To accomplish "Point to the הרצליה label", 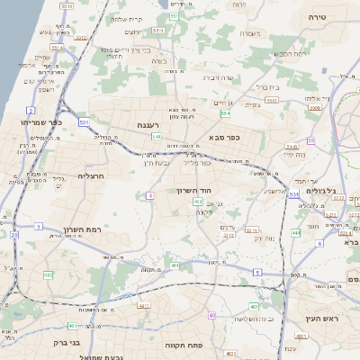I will coord(92,176).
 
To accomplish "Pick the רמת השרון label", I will coord(81,230).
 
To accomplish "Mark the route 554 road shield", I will coord(226,113).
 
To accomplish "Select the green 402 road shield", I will coord(197,202).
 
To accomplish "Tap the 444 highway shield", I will coord(296,233).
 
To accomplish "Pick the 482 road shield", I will coord(49,274).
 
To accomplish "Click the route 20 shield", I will coord(14,236).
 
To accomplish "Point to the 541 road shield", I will coord(156,137).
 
